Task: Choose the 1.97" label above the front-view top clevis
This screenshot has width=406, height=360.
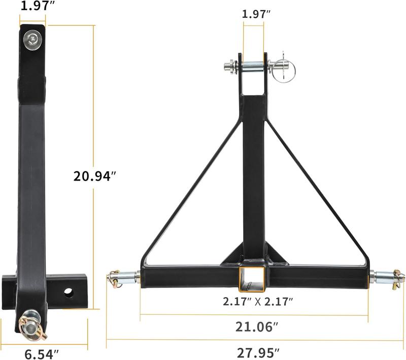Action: [254, 14]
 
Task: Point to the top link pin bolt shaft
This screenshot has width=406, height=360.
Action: [253, 66]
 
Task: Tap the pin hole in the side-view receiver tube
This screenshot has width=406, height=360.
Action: [68, 293]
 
